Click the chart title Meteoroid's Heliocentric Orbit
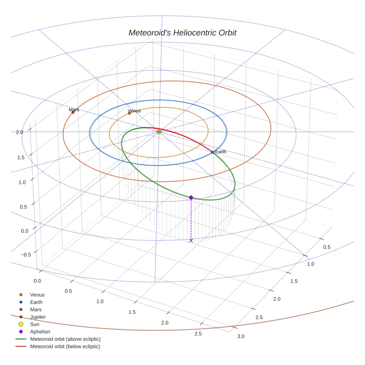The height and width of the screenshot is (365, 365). [x=182, y=33]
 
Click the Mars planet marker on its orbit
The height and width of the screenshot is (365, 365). [x=73, y=112]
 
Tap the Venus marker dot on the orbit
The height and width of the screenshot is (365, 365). [x=129, y=113]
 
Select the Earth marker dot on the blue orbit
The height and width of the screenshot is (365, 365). [x=212, y=152]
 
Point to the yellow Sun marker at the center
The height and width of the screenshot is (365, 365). [x=159, y=132]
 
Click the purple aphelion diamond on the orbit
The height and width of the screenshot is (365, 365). [x=191, y=198]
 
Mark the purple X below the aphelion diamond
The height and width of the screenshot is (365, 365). [x=191, y=241]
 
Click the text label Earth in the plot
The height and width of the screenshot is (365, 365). [x=221, y=152]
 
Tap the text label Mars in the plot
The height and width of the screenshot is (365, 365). [x=74, y=110]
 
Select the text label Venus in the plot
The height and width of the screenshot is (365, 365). [x=134, y=111]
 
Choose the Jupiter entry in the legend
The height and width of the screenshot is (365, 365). [x=38, y=317]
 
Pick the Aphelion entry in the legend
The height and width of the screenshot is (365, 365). [x=40, y=332]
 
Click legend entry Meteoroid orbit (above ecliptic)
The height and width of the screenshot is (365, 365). [x=65, y=339]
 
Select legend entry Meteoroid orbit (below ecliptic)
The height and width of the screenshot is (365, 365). [x=65, y=346]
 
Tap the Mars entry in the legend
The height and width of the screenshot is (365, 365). [x=36, y=309]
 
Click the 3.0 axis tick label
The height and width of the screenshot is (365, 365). [x=241, y=336]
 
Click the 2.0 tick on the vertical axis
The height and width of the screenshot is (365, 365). [x=20, y=132]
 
